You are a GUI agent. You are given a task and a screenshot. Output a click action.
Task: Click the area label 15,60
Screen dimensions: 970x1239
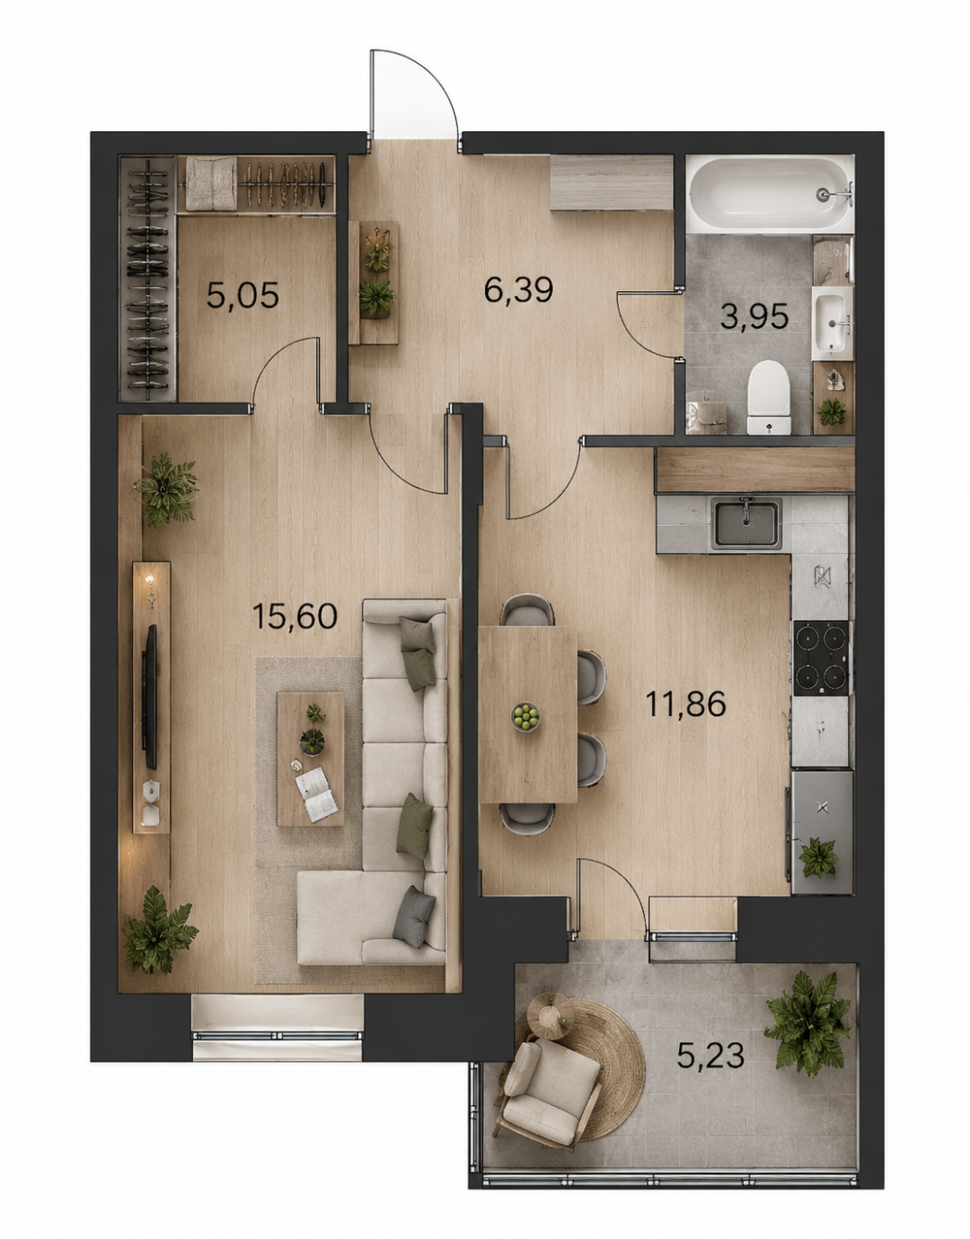coord(295,616)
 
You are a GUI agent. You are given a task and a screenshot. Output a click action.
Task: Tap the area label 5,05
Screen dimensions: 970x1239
coord(242,296)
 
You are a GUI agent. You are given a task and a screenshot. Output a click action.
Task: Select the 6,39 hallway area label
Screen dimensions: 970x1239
coord(518,290)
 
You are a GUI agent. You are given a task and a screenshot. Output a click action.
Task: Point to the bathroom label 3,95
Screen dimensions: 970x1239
coord(754,316)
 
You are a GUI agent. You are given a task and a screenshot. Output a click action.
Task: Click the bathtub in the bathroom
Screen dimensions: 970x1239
coord(770,194)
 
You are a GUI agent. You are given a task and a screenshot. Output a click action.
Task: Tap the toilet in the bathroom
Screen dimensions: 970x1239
coord(769,397)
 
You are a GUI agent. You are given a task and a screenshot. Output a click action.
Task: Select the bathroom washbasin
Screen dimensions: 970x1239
coord(832,323)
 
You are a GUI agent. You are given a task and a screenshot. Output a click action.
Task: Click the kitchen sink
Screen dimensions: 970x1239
coord(746,523)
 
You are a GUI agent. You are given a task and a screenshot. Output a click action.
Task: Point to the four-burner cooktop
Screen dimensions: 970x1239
coord(821,658)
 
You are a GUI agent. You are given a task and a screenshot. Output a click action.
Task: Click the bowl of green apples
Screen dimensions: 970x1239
coord(525,717)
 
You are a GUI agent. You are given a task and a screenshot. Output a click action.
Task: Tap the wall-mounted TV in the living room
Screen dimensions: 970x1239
coord(151,696)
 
